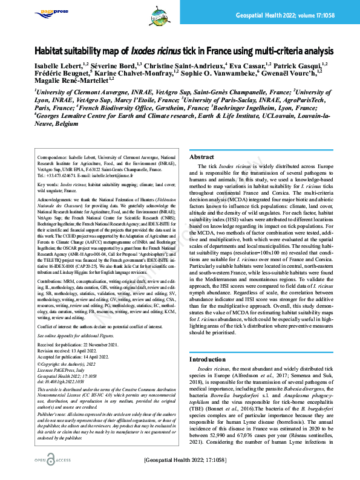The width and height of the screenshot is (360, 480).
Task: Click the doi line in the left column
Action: tap(59, 382)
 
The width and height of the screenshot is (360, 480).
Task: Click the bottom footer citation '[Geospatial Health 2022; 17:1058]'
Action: tap(193, 461)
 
